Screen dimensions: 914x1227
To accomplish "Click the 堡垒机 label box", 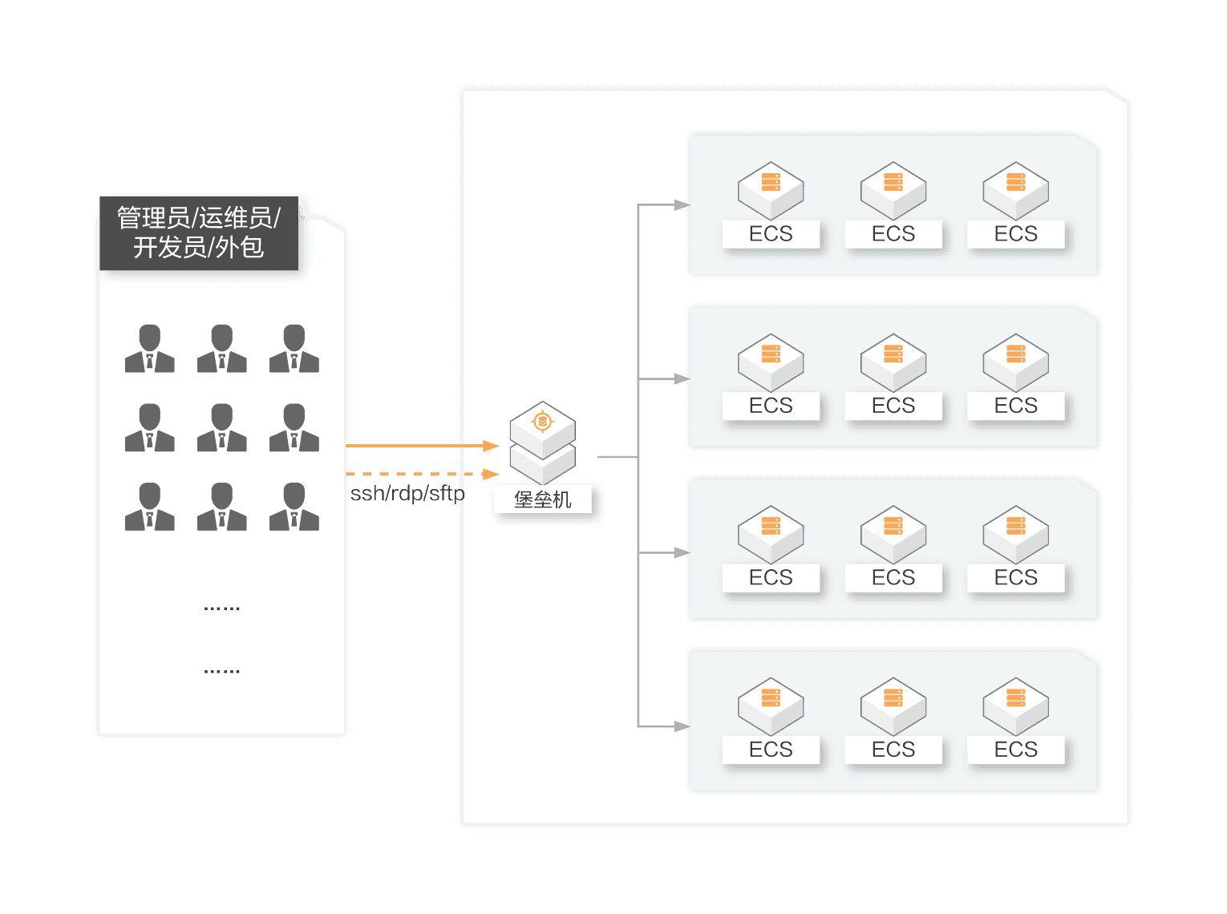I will (x=543, y=499).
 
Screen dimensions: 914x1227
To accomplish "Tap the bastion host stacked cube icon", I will (x=543, y=442).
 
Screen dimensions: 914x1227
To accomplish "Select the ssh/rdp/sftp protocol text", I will (x=407, y=493).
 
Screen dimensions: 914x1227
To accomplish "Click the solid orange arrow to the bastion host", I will (x=422, y=445).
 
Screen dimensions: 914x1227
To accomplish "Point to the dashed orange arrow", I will (x=422, y=474).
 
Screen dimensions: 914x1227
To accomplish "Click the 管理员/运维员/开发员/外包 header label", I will (x=198, y=233).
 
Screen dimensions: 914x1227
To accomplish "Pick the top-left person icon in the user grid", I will (x=150, y=349).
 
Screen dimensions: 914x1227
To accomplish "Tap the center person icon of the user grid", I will (x=222, y=427).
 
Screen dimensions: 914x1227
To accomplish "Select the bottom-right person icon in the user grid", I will (x=294, y=507).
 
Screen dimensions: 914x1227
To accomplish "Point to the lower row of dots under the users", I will (x=222, y=671).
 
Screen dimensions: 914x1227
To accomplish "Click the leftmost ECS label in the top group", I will (x=771, y=234).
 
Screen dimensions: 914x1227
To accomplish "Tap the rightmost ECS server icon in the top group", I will (x=1016, y=191).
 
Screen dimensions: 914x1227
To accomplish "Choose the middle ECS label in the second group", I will (x=893, y=406).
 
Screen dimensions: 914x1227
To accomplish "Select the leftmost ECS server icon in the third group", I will (x=771, y=534).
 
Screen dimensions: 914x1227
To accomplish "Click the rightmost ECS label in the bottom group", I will (x=1016, y=750).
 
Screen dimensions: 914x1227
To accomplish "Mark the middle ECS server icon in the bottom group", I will (x=893, y=706).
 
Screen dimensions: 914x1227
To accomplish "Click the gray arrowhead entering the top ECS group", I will (x=682, y=205).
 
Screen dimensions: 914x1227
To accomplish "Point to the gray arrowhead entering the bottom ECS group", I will (x=682, y=726).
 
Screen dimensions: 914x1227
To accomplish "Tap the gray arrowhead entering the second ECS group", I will (x=682, y=378).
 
